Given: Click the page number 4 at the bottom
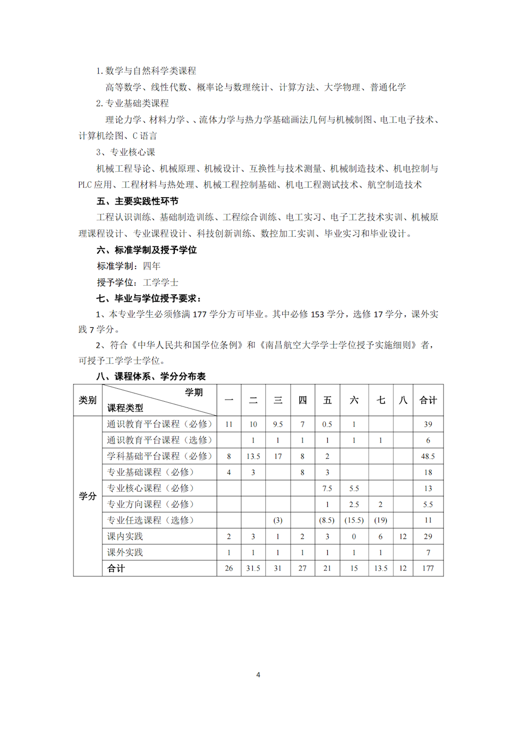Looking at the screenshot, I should [x=258, y=675].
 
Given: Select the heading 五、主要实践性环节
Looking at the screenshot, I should [x=137, y=201].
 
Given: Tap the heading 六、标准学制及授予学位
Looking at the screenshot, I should [x=146, y=250].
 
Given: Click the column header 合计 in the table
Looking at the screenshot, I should [x=428, y=400].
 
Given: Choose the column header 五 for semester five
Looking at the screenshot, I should [x=327, y=400].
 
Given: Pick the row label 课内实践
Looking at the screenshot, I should [x=125, y=536].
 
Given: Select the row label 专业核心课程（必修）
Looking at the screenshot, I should [x=150, y=488].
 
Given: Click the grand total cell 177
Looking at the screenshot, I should [x=428, y=568].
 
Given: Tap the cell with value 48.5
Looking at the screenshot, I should [x=428, y=456].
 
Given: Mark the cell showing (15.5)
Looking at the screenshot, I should [x=354, y=520].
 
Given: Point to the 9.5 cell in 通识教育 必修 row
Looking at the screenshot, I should [x=278, y=424].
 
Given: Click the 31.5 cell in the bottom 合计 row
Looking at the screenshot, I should [x=253, y=568].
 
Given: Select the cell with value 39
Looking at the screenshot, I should [x=428, y=424].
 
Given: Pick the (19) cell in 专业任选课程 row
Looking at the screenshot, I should [x=381, y=520].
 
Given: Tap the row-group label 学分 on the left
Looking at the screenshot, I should [x=88, y=496].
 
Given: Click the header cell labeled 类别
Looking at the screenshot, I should [x=88, y=400].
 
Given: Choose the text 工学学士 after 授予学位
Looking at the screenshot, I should [x=161, y=283].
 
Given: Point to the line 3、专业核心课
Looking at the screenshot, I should [x=126, y=152].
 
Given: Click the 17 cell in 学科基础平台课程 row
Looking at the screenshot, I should [x=278, y=456].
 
